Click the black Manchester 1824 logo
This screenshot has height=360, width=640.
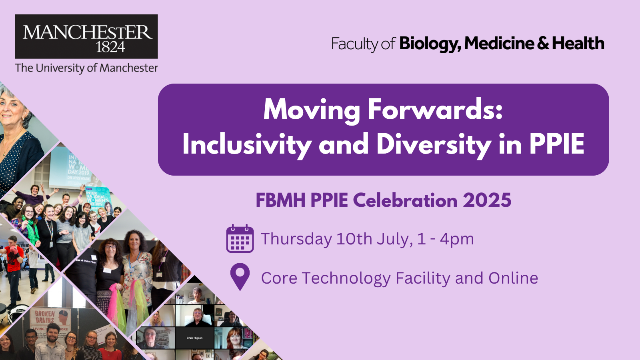86,36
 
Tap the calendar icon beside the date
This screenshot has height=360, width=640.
240,239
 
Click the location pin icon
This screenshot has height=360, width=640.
240,276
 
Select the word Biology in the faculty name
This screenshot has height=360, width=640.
430,44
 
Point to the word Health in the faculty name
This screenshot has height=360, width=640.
578,43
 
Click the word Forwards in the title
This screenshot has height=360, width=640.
435,109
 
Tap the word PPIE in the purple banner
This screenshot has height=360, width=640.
556,144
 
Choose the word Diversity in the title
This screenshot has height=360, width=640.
434,144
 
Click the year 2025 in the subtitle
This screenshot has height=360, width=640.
487,200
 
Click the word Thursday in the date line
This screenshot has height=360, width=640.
296,239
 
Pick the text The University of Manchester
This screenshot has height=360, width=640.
86,68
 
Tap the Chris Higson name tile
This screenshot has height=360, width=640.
194,338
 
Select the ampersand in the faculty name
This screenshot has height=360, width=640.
543,43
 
